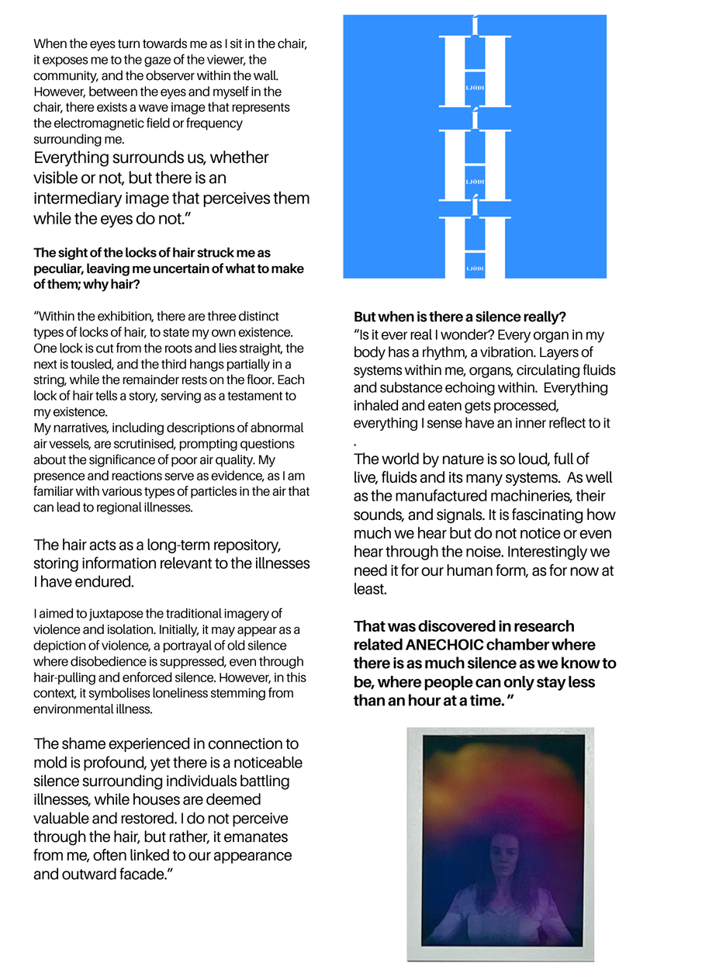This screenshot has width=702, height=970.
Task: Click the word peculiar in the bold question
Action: click(x=61, y=269)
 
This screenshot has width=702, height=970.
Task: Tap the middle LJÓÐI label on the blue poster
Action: click(x=475, y=182)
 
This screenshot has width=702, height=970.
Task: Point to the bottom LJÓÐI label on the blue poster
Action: click(x=475, y=268)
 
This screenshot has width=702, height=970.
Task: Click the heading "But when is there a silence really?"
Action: click(x=459, y=317)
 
